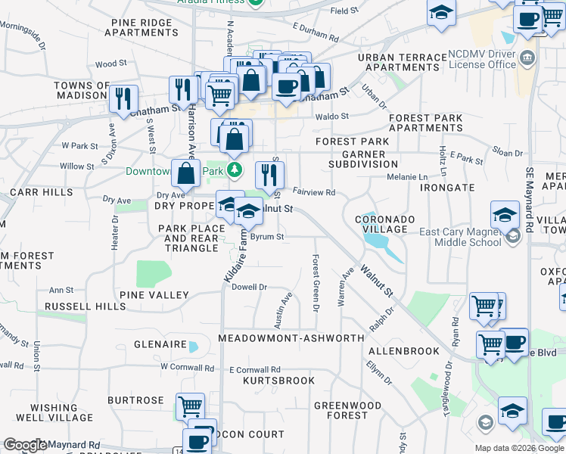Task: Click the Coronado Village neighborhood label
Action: (385, 225)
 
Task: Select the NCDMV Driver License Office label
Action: (481, 59)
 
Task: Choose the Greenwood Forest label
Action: (348, 410)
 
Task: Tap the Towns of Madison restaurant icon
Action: (122, 98)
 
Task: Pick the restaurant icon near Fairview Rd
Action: (269, 176)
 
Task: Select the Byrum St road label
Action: (267, 237)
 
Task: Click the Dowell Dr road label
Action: (250, 287)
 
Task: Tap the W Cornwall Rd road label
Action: (188, 368)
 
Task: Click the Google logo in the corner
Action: (25, 445)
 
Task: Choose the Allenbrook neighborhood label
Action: (404, 351)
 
